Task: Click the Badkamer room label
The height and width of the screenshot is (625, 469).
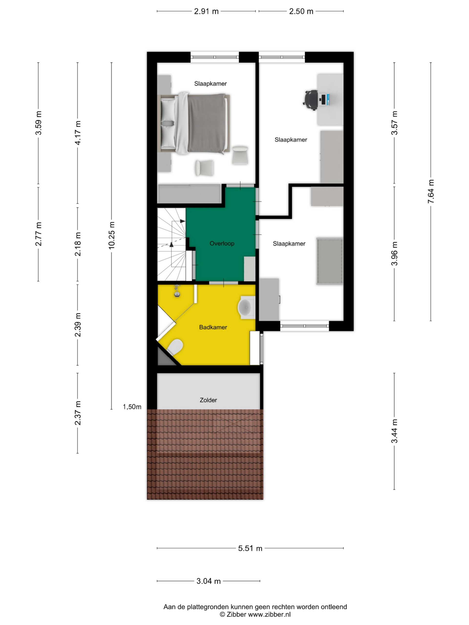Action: [x=213, y=327]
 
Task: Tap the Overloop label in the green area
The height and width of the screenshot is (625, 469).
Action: [x=222, y=243]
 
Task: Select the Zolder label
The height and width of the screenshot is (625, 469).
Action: [x=208, y=400]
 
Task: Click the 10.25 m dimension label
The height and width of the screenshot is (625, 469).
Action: [x=112, y=235]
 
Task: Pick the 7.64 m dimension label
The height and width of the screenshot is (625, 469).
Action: [x=431, y=191]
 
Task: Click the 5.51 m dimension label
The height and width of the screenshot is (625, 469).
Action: [x=250, y=548]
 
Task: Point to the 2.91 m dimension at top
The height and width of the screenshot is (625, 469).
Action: [x=206, y=11]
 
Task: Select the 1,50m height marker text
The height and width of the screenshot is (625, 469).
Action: [x=132, y=407]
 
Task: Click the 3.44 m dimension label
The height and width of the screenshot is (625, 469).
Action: [x=394, y=431]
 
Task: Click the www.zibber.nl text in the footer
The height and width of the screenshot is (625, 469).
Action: [x=269, y=614]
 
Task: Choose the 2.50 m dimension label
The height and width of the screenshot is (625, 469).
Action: [x=301, y=11]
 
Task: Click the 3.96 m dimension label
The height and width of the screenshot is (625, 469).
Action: [x=394, y=253]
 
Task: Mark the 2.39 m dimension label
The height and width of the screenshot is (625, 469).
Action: [x=78, y=325]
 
